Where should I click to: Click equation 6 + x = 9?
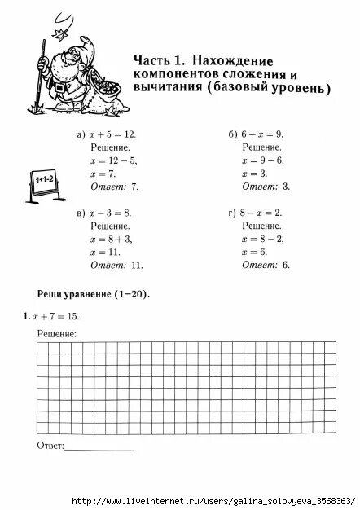point(261,134)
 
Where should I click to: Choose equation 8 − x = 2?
point(261,213)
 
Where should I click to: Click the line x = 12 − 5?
point(114,160)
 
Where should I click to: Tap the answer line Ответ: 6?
point(266,266)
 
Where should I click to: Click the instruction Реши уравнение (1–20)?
point(94,293)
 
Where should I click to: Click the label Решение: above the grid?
point(57,334)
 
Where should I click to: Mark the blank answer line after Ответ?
point(99,449)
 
